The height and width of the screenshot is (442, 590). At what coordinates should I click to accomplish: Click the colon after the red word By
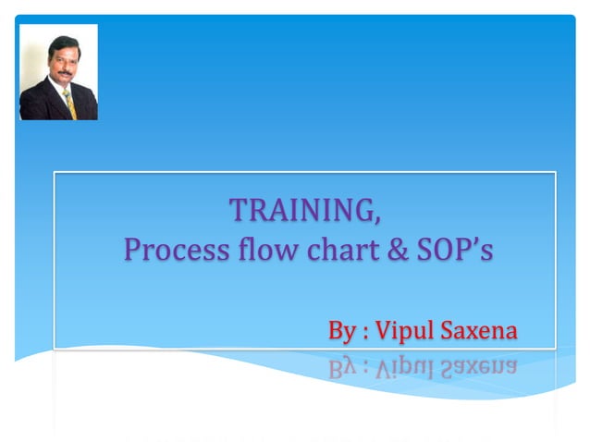point(367,332)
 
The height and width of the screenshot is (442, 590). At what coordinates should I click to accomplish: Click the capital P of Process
point(132,250)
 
